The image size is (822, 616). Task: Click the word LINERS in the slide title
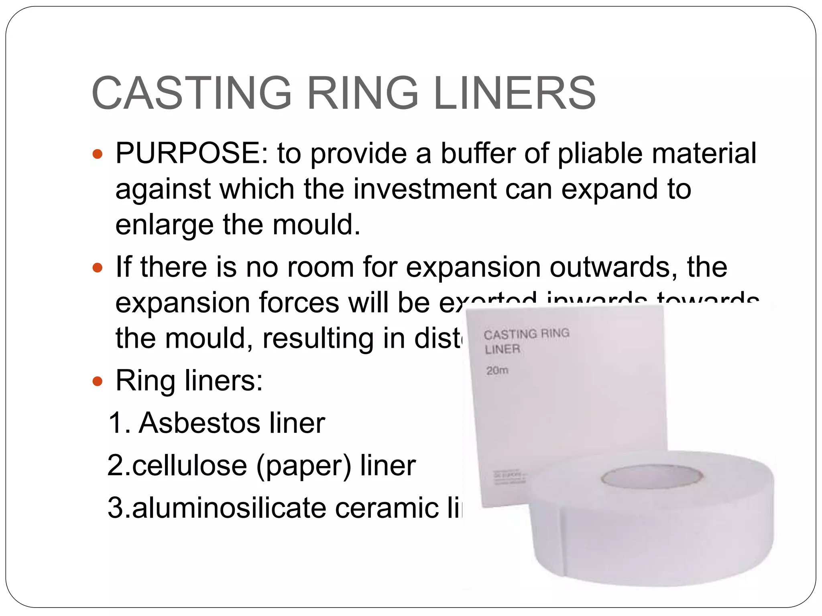[515, 93]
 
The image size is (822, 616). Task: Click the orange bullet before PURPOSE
[98, 154]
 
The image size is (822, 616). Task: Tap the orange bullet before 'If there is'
[98, 267]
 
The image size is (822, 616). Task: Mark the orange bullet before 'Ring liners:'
[98, 381]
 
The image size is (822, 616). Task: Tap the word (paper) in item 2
[303, 466]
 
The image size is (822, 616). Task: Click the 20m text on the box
[497, 371]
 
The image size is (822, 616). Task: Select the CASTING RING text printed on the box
[526, 334]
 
